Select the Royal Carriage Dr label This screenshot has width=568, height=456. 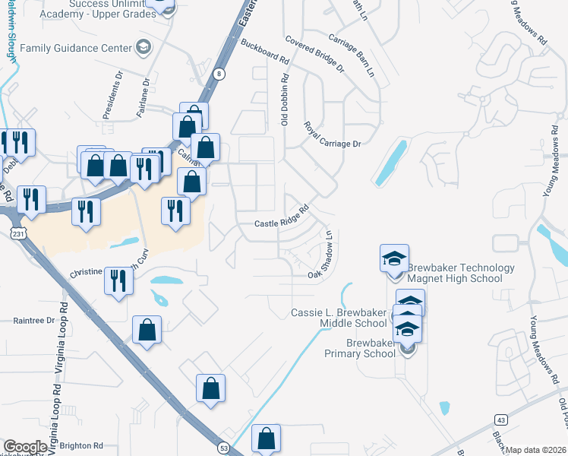coord(331,134)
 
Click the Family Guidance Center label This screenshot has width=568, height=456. coord(76,48)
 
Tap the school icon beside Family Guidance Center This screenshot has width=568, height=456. coord(142,48)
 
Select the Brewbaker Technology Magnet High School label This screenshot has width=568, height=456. coord(461,273)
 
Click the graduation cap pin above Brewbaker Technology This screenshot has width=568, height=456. coord(395,258)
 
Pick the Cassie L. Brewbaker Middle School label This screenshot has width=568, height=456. coord(339,318)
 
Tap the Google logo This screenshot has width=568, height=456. coord(25,447)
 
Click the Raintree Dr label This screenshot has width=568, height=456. coord(34,321)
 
